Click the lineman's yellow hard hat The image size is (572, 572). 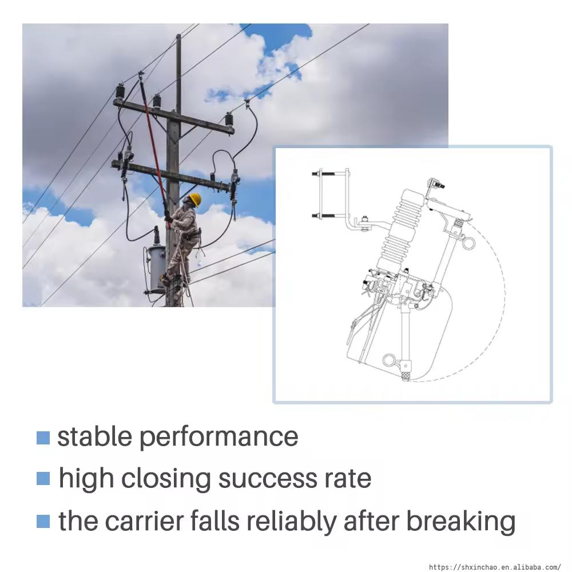click(196, 199)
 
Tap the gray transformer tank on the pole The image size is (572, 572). click(157, 269)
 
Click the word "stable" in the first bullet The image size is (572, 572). click(94, 436)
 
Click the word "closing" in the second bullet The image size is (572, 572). click(166, 479)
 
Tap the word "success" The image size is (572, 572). click(267, 479)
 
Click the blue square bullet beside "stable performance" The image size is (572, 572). click(43, 438)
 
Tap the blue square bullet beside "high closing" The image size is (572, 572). click(43, 479)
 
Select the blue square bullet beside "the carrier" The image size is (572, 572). click(43, 521)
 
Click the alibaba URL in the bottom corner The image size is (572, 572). click(495, 567)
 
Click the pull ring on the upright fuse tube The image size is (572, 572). click(468, 243)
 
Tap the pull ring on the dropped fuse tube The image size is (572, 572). click(390, 361)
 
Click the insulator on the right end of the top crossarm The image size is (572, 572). click(229, 120)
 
